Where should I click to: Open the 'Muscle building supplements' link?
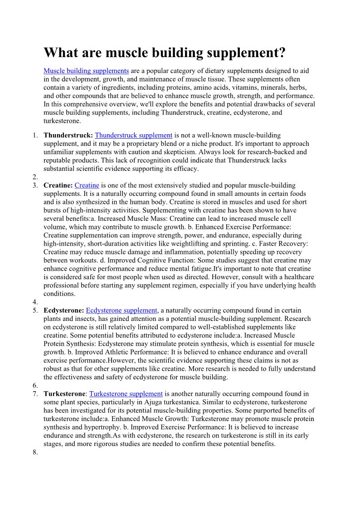(86, 71)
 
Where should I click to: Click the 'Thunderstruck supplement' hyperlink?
(134, 136)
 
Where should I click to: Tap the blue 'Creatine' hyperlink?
(87, 185)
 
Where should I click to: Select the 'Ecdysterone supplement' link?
(122, 310)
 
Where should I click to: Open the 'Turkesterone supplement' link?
(126, 394)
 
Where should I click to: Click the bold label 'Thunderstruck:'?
(68, 136)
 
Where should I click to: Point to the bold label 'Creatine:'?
(58, 185)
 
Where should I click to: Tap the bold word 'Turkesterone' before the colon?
(64, 394)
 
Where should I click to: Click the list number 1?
(35, 136)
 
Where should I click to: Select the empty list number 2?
(35, 177)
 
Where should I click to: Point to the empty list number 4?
(35, 302)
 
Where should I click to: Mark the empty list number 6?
(35, 385)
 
